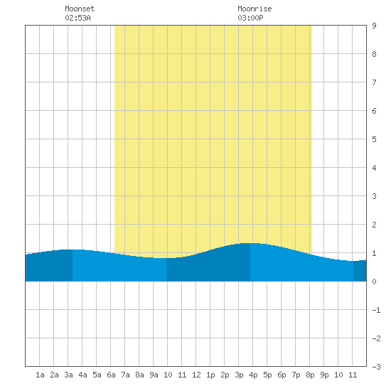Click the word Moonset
pos(80,9)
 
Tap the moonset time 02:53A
pos(77,18)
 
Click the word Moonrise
pos(255,9)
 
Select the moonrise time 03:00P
pos(250,18)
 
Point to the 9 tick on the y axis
pos(374,26)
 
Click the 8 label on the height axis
pos(374,54)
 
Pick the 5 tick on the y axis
pos(374,139)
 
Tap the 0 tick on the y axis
pos(374,282)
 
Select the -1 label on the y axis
pos(376,310)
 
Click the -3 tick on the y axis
pos(376,367)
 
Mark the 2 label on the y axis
pos(374,225)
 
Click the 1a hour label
pos(40,375)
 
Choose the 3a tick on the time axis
pos(68,375)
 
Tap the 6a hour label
pos(111,375)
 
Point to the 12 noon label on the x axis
pos(196,375)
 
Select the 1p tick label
pos(210,375)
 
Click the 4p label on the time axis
pos(253,375)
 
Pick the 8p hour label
pos(310,375)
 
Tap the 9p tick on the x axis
pos(324,375)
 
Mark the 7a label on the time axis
pos(125,375)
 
